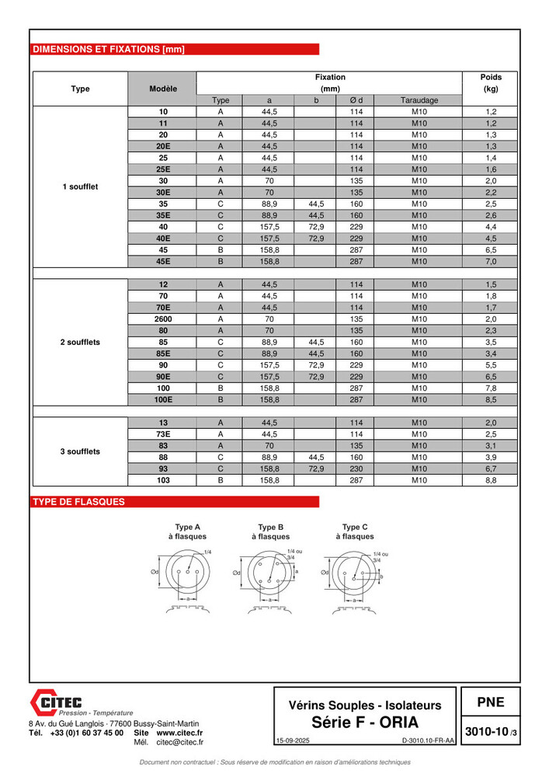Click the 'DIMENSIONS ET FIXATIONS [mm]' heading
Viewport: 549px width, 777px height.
tap(109, 50)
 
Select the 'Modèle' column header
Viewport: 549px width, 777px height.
tap(163, 89)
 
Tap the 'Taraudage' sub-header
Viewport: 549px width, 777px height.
tap(419, 100)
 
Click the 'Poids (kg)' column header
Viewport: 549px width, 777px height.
tap(491, 83)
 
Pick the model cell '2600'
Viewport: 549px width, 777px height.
tap(163, 319)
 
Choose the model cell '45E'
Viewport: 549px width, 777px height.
tap(163, 261)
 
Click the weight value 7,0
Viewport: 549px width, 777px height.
tap(491, 261)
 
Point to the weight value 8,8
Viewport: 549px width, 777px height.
tap(491, 480)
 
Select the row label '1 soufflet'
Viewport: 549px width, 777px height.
tap(80, 186)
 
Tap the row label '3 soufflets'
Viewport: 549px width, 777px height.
tap(80, 451)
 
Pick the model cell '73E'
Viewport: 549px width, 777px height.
tap(163, 434)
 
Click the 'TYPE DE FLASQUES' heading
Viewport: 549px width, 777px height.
tap(78, 502)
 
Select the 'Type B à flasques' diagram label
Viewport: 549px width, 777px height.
tap(271, 531)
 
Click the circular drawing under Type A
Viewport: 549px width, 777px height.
tap(187, 573)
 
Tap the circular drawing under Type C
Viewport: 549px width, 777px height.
tap(354, 573)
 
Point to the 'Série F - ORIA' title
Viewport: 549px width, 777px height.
tap(364, 722)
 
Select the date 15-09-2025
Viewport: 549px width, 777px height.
tap(293, 741)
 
